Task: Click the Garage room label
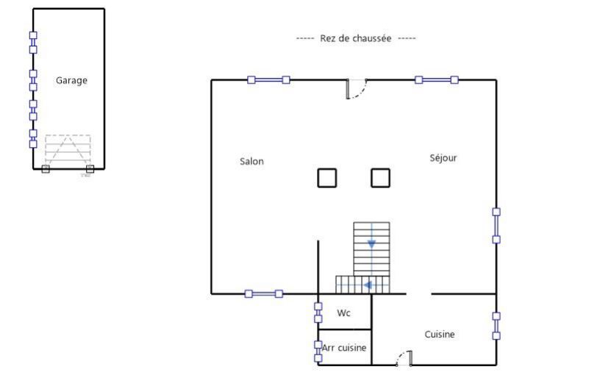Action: coord(71,80)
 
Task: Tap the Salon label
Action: coord(251,161)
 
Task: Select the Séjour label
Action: coord(443,158)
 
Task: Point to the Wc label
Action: coord(343,313)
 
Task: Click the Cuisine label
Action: coord(439,334)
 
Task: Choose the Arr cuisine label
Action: coord(344,348)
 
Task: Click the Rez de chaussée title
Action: coord(356,38)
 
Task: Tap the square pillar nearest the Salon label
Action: coord(327,178)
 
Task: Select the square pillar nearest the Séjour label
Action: coord(380,178)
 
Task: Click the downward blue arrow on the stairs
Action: coord(371,243)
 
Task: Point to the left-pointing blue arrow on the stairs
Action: coord(368,285)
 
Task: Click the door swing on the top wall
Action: coord(356,89)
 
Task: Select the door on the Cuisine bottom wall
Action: coord(404,358)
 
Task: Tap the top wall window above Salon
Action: coord(268,80)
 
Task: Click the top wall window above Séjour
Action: coord(437,80)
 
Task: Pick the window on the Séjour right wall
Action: coord(496,226)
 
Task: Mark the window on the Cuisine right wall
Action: coord(496,326)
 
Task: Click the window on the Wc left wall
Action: coord(318,313)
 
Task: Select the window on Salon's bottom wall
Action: coord(263,294)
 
